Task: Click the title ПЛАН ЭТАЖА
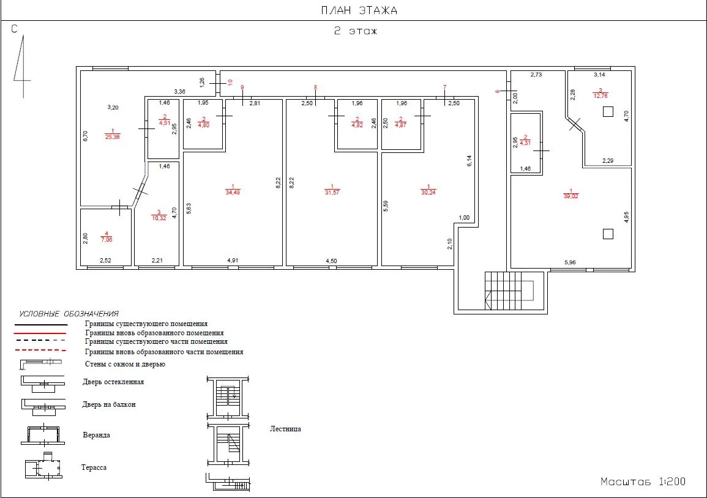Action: [x=359, y=10]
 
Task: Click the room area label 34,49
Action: [x=233, y=193]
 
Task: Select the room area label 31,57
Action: [x=332, y=193]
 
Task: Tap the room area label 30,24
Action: [x=428, y=193]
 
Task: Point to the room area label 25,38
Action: [x=113, y=137]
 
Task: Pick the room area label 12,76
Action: [x=600, y=96]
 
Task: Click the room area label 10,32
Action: [x=159, y=218]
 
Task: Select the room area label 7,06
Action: [x=107, y=240]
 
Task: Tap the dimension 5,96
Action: [x=570, y=262]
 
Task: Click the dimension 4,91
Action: [x=233, y=261]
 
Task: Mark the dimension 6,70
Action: [x=86, y=136]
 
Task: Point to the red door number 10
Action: [x=230, y=83]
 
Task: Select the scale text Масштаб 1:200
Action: [x=643, y=481]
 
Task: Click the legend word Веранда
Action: [x=97, y=435]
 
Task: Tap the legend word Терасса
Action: [x=94, y=467]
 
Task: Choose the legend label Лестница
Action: [x=285, y=429]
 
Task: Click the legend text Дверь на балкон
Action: [x=109, y=404]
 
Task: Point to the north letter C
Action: [x=15, y=29]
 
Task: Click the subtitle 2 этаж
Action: [x=355, y=31]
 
